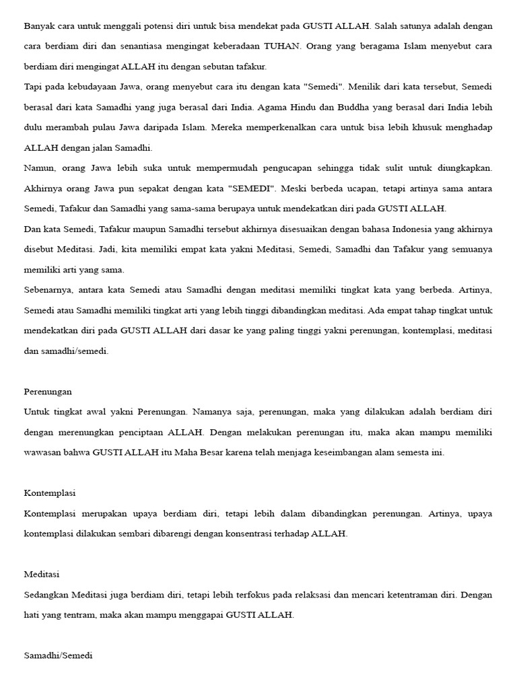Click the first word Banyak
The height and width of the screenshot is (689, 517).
[39, 26]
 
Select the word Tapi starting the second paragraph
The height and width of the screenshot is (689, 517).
[33, 87]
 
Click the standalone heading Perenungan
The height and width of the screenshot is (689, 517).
[48, 392]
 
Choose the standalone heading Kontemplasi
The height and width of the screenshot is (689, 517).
[50, 493]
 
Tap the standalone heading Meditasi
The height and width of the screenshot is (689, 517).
[42, 575]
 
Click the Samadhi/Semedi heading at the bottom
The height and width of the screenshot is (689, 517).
[58, 655]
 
